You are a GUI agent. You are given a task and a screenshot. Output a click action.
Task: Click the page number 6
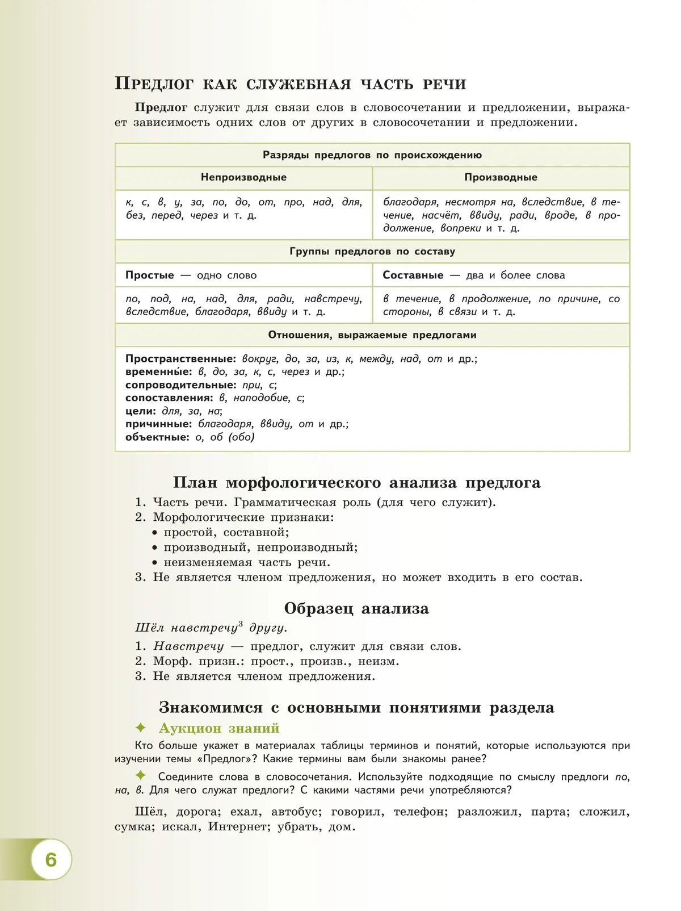[x=51, y=859]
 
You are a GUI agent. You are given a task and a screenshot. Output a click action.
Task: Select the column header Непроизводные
[x=243, y=177]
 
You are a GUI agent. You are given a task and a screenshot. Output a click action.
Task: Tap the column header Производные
[x=501, y=177]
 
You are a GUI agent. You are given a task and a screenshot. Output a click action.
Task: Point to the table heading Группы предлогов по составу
[x=372, y=251]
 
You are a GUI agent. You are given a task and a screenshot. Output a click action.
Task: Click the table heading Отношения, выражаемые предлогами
[x=372, y=335]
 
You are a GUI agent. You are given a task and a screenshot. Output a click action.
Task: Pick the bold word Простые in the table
[x=150, y=275]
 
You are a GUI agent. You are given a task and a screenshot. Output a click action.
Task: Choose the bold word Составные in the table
[x=413, y=275]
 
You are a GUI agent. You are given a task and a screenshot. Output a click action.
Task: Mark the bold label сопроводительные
[x=180, y=385]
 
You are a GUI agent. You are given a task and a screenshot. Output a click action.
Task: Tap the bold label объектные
[x=157, y=437]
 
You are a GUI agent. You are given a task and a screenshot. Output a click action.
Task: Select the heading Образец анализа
[x=356, y=609]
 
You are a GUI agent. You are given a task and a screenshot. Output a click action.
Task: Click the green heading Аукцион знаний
[x=219, y=728]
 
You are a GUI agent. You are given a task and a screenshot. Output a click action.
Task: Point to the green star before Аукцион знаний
[x=141, y=728]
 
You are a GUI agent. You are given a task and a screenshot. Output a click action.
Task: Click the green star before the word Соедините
[x=141, y=775]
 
